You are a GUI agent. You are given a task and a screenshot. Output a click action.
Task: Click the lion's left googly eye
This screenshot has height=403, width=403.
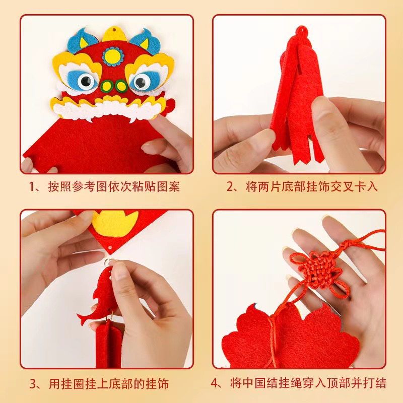(86, 81)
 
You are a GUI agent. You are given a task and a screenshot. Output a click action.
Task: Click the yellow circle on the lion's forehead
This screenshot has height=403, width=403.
(113, 56)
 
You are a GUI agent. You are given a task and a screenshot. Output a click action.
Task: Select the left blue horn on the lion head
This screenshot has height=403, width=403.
(82, 40)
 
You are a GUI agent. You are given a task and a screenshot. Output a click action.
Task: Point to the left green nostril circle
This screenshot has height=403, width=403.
(106, 86)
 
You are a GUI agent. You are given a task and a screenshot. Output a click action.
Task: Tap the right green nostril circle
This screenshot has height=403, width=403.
(121, 86)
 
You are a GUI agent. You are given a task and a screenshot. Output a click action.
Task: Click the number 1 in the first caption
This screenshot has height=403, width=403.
(32, 186)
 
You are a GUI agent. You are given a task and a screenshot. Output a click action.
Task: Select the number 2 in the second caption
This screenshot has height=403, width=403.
(229, 186)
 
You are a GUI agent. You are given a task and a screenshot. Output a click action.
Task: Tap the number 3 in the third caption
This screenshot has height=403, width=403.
(33, 384)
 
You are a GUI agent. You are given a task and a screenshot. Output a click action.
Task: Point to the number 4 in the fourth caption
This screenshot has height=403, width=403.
(215, 383)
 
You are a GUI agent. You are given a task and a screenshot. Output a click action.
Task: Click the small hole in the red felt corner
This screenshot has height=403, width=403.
(110, 248)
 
